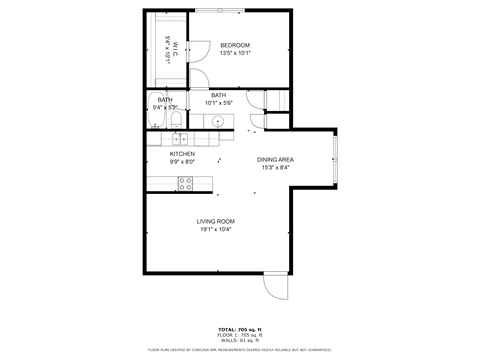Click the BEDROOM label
pyautogui.click(x=235, y=45)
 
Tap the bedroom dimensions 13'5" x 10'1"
pyautogui.click(x=235, y=53)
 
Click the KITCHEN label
pyautogui.click(x=181, y=153)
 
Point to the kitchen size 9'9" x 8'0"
pyautogui.click(x=181, y=161)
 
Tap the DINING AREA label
pyautogui.click(x=275, y=159)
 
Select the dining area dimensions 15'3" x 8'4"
pyautogui.click(x=275, y=167)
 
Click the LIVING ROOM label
pyautogui.click(x=216, y=221)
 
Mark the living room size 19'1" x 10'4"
pyautogui.click(x=216, y=229)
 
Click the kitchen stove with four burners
pyautogui.click(x=185, y=182)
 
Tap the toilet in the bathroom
pyautogui.click(x=176, y=120)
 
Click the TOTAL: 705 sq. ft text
pyautogui.click(x=240, y=329)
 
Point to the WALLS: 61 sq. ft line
pyautogui.click(x=240, y=339)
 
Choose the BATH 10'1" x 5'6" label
pyautogui.click(x=218, y=99)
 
